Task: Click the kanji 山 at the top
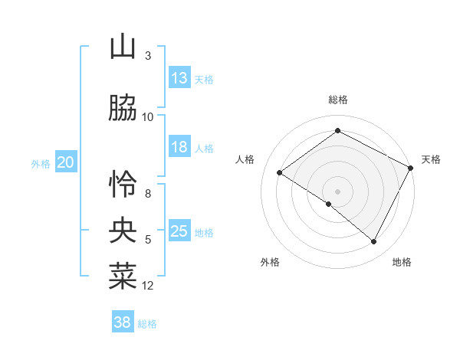tap(123, 47)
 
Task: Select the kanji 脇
tap(123, 109)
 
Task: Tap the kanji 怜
tap(123, 184)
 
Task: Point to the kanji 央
tap(123, 229)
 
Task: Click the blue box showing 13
tap(179, 78)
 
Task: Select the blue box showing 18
tap(179, 147)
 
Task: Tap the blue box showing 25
tap(179, 231)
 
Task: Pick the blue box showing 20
tap(66, 162)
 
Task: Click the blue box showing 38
tap(123, 322)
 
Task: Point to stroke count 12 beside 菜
tap(148, 286)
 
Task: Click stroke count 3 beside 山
tap(148, 56)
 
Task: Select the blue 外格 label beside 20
tap(41, 163)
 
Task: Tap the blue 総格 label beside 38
tap(147, 323)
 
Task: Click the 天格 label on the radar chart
tap(431, 159)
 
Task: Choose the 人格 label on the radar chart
tap(245, 159)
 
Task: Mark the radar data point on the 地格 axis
tap(374, 241)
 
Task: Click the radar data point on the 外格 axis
tap(329, 204)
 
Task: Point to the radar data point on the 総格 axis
tap(337, 131)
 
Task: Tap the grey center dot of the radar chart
tap(337, 191)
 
